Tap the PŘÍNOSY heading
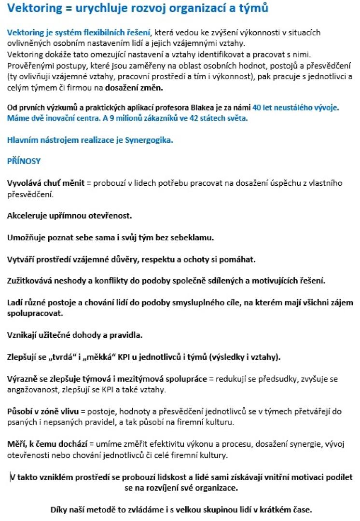pos(24,162)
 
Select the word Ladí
pos(14,303)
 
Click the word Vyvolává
pos(25,183)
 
